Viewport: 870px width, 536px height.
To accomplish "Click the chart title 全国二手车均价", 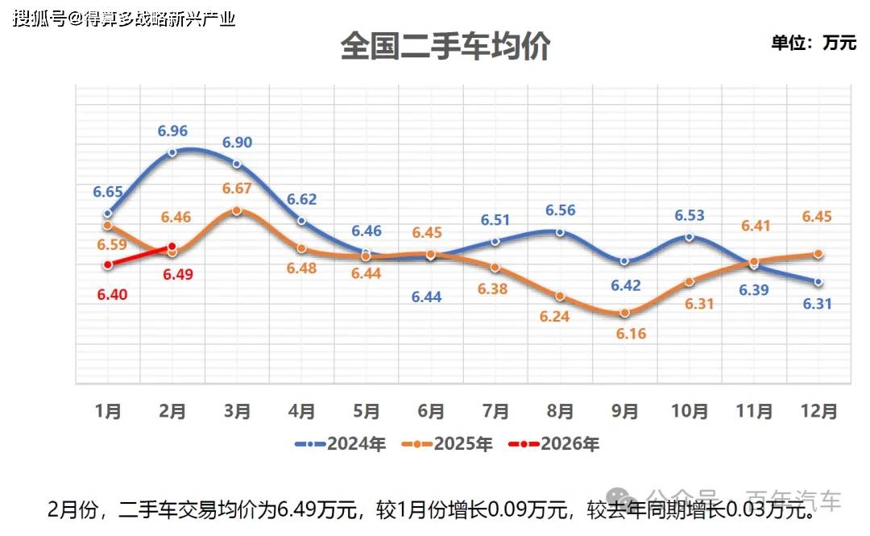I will [445, 46].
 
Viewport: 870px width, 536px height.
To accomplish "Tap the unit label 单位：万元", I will [814, 43].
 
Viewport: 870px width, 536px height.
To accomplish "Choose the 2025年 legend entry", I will [447, 443].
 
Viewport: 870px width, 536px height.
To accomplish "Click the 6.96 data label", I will [173, 131].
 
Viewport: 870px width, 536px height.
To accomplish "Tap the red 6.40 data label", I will [112, 295].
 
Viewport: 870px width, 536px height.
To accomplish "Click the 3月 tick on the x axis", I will [237, 411].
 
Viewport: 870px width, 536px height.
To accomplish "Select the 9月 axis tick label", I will [624, 411].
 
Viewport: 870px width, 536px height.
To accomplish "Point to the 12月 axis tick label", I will [818, 411].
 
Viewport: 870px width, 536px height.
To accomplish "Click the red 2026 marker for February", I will [172, 247].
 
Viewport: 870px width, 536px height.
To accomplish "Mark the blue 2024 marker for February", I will [172, 151].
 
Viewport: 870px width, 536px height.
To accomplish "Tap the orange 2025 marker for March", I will [237, 210].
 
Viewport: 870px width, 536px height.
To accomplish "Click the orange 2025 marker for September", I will [624, 313].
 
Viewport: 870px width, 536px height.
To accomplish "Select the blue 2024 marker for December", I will [818, 282].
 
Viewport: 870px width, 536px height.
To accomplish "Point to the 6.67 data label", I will [237, 189].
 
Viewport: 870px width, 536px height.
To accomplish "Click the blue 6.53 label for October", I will [690, 215].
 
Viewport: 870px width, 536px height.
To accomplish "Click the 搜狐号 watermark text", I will [39, 19].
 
